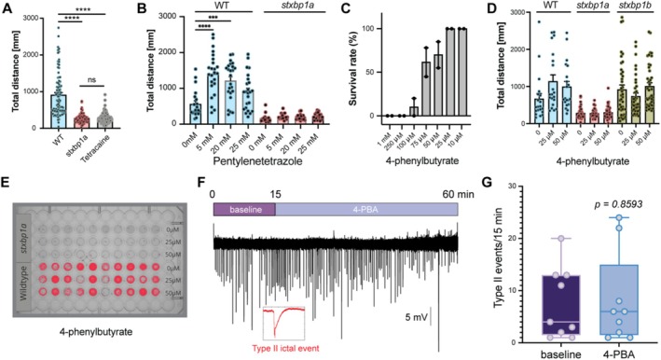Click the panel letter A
pyautogui.click(x=7, y=8)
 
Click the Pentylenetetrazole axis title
pyautogui.click(x=257, y=161)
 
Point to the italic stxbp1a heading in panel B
pyautogui.click(x=295, y=7)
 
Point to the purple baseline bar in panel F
pyautogui.click(x=244, y=210)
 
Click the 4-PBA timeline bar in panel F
pyautogui.click(x=366, y=210)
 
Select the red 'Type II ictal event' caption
pyautogui.click(x=285, y=348)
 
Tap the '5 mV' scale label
pyautogui.click(x=416, y=317)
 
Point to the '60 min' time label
pyautogui.click(x=459, y=194)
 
